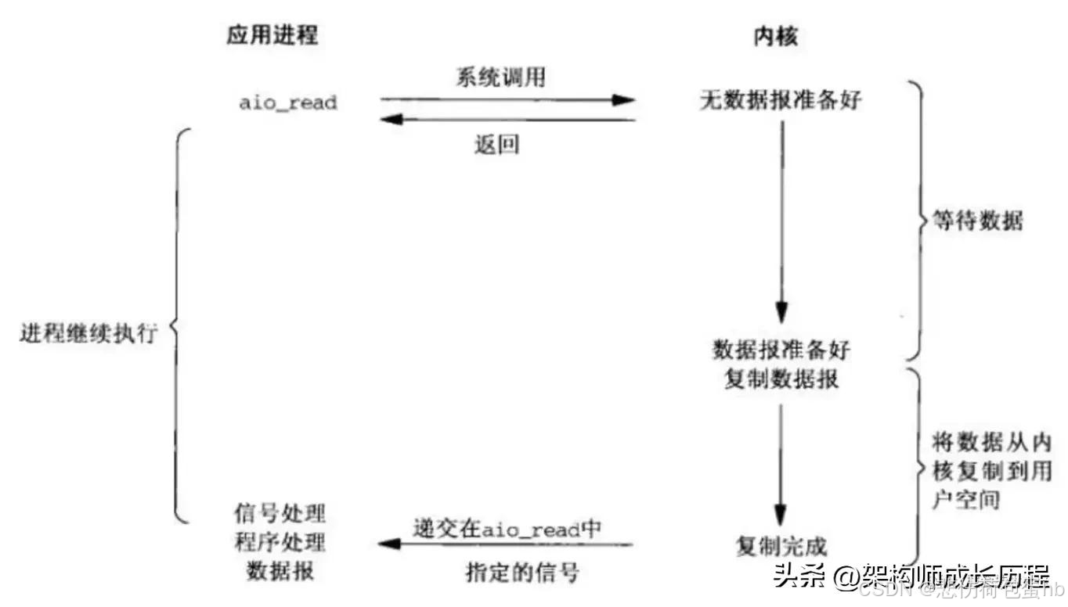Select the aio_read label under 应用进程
pos(288,102)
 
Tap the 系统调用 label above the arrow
pos(501,78)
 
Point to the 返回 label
pos(496,145)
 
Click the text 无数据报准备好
pos(780,101)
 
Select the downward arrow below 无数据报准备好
pos(781,219)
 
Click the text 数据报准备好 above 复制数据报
pos(781,349)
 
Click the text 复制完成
pos(781,545)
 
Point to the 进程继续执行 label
pos(88,333)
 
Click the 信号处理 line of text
pos(280,515)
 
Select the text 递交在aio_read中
pos(507,528)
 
